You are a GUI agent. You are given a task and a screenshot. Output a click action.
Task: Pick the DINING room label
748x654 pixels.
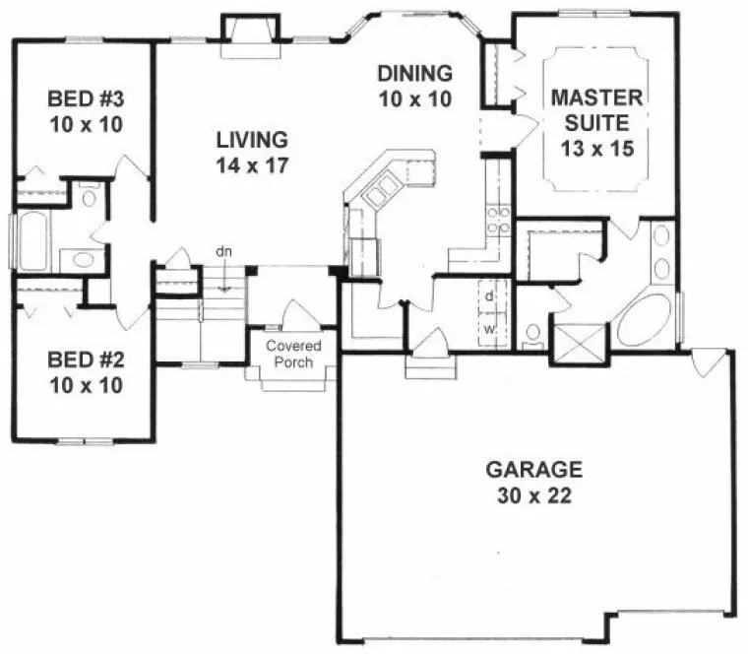(x=414, y=72)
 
